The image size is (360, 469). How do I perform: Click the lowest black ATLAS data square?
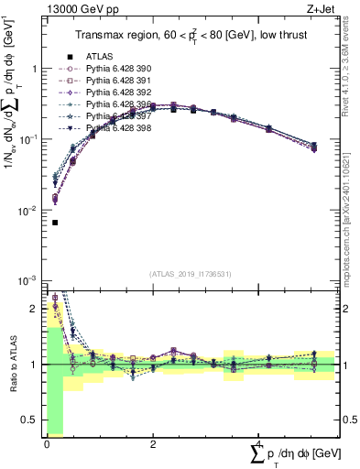[55, 223]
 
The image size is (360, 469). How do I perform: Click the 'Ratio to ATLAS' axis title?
[9, 365]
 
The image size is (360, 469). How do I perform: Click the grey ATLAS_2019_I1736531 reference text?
[191, 273]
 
